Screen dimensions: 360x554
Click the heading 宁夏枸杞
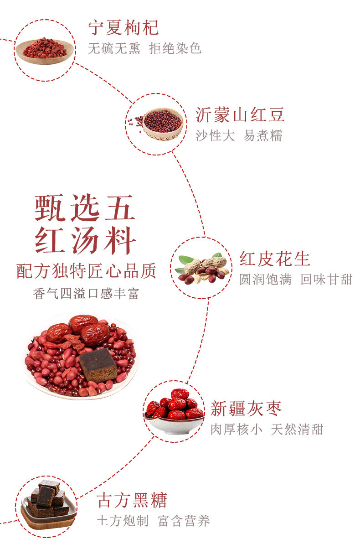(123, 28)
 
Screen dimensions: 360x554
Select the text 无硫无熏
(114, 49)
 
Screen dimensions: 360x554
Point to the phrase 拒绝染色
(175, 49)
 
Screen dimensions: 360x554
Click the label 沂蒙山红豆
(240, 115)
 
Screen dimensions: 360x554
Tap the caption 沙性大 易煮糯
(239, 135)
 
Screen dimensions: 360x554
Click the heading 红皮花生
(275, 259)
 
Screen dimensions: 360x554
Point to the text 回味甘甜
(327, 280)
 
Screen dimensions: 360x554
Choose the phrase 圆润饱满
(266, 280)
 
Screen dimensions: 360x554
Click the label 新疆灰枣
(247, 409)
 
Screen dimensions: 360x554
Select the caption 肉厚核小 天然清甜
(267, 430)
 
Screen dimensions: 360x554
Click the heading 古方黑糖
(132, 500)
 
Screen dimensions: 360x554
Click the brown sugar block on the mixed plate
(98, 365)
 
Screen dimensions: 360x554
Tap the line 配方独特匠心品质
(86, 271)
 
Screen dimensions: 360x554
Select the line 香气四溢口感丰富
(86, 293)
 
